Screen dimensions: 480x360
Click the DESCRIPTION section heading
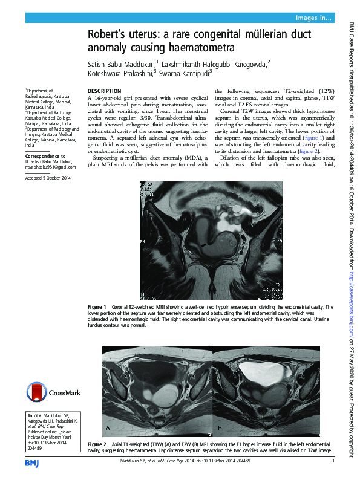[104, 91]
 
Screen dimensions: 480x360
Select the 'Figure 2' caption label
[97, 444]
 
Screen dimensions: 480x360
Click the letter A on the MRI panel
[108, 428]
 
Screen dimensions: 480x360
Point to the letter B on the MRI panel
[220, 428]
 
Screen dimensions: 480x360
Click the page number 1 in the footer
[333, 461]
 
